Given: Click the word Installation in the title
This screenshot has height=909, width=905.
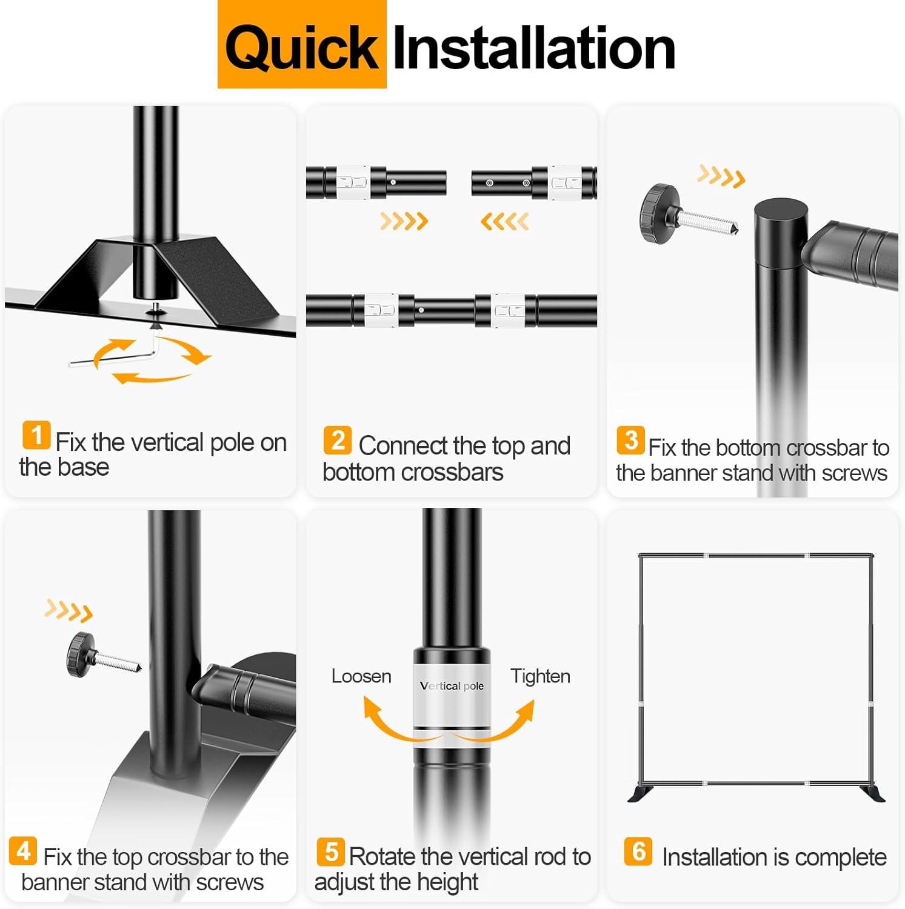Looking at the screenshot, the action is point(534,47).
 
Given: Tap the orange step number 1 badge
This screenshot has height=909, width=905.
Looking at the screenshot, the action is point(36,435).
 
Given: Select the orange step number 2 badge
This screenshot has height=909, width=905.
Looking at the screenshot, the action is point(338,440).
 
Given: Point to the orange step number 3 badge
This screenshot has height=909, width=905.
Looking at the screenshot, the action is point(630,440).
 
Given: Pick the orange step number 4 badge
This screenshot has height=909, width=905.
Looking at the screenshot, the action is point(23,851).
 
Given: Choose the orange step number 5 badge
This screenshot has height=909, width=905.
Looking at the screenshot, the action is point(331,851).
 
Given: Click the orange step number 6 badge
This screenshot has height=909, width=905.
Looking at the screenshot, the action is point(638,851).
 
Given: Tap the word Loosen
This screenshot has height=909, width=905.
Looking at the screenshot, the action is point(361,676).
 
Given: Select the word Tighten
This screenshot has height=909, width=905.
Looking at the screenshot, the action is point(540,676).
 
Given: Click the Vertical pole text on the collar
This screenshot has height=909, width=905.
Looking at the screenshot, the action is point(452,685).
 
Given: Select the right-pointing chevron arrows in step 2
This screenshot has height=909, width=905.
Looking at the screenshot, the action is point(404,221).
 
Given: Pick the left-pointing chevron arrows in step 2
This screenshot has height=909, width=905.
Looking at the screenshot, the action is point(504,221).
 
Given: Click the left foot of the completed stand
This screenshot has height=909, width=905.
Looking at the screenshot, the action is point(641,793).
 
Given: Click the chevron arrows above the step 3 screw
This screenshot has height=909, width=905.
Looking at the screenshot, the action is point(721,176).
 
